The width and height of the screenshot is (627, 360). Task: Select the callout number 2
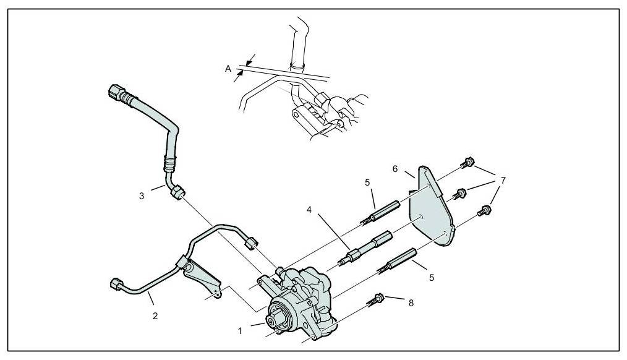[x=155, y=315]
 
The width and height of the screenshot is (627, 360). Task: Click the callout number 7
[x=504, y=181]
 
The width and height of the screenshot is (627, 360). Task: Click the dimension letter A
[x=228, y=70]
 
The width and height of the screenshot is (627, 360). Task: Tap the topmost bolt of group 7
[x=468, y=163]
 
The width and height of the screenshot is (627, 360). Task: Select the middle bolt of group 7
[x=459, y=193]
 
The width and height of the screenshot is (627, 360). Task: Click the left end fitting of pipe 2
[x=114, y=283]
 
